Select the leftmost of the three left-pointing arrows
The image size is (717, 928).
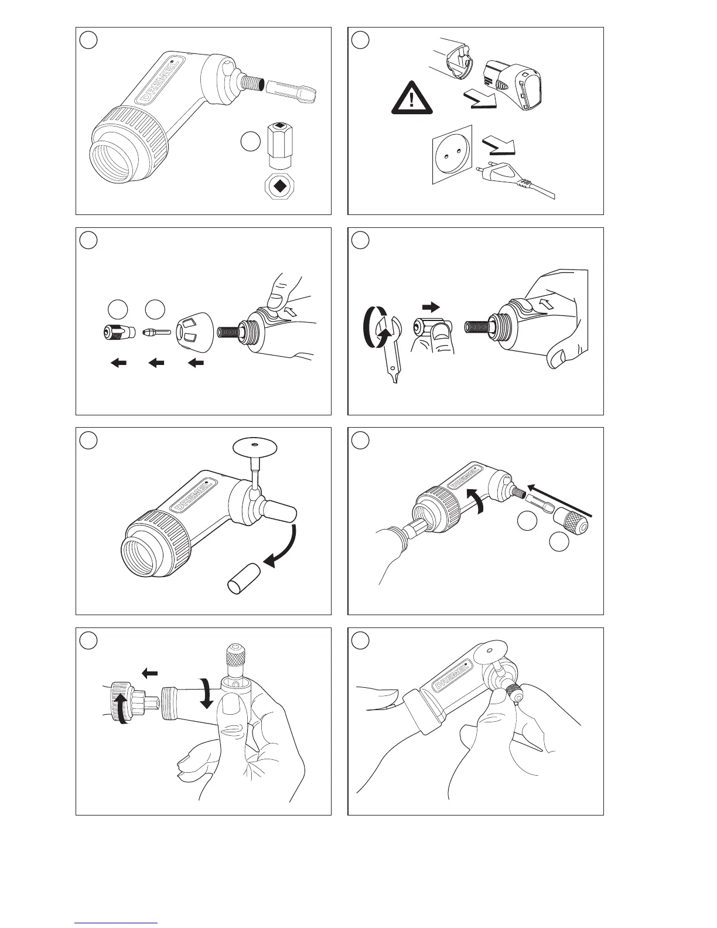pos(119,363)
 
